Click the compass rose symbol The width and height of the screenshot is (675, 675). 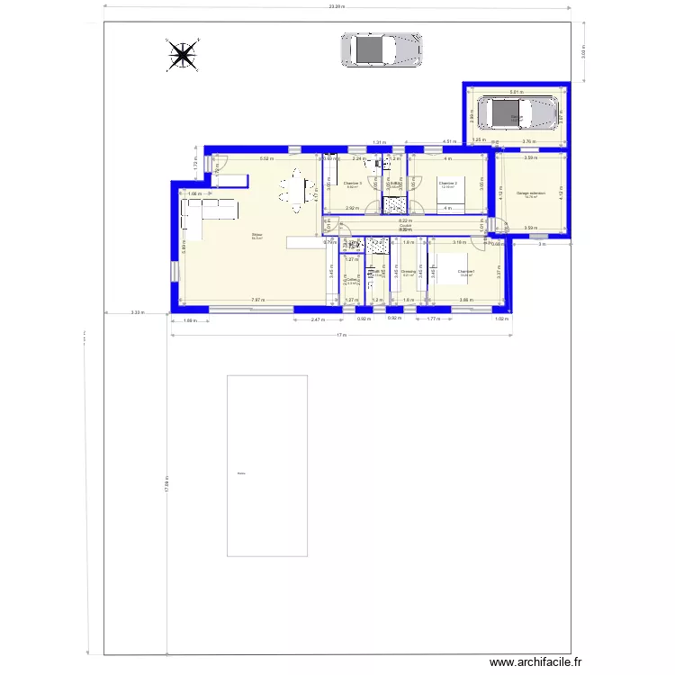tap(183, 56)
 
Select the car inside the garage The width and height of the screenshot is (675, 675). tap(517, 114)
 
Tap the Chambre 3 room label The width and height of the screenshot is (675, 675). tap(353, 184)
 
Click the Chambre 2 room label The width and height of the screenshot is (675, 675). tap(448, 184)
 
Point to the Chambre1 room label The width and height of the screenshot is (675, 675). tap(466, 273)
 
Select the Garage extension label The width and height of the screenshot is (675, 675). tap(531, 194)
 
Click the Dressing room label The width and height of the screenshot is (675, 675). tap(409, 273)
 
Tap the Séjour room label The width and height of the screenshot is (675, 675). tap(257, 237)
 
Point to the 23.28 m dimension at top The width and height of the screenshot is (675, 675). tap(337, 6)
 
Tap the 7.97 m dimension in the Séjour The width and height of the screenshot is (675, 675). tap(256, 300)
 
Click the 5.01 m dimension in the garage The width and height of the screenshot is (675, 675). tap(516, 92)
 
